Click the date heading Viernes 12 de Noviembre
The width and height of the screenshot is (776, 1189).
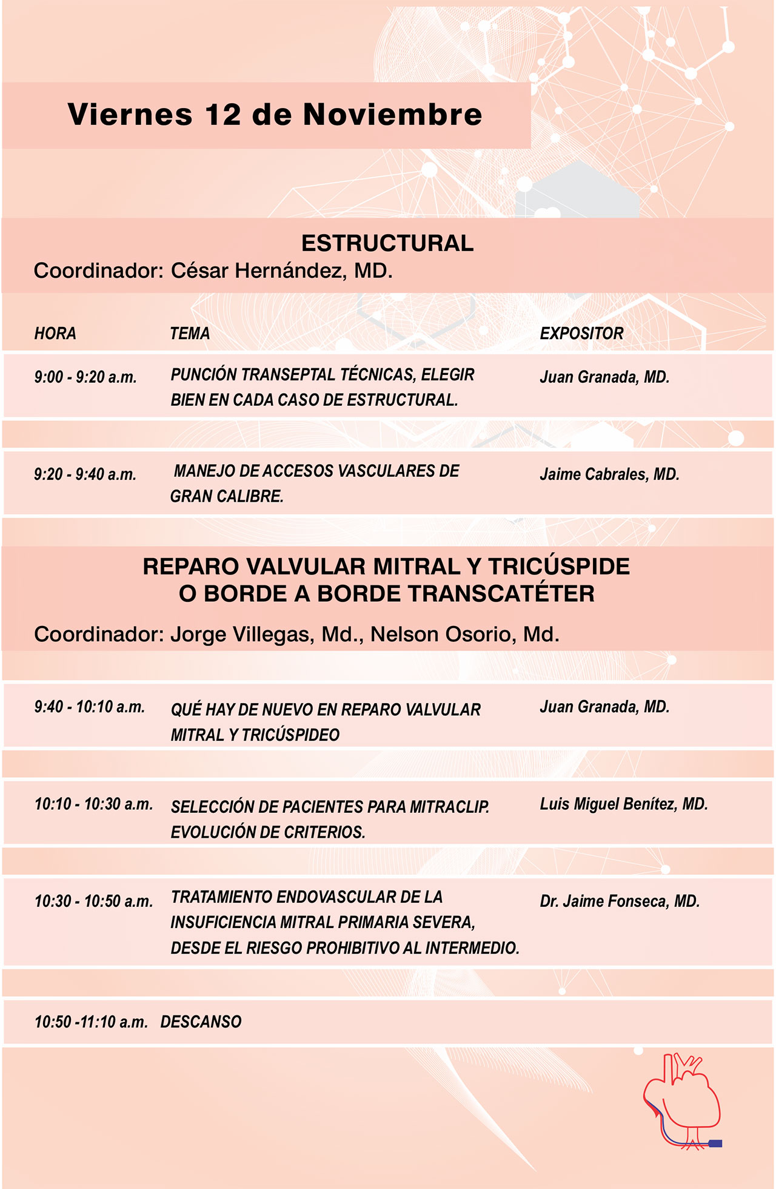[x=275, y=115]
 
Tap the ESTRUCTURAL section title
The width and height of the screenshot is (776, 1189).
[x=387, y=243]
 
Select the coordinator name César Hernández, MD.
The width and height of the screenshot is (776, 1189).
[x=281, y=271]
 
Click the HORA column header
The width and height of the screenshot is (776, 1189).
[x=55, y=333]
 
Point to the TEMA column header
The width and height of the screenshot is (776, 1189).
[x=190, y=333]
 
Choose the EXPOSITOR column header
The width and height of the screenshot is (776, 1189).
[x=581, y=333]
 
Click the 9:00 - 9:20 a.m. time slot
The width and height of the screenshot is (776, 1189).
[x=85, y=377]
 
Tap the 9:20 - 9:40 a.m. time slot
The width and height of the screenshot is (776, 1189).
[x=85, y=474]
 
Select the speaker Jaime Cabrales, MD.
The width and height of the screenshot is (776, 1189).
[x=609, y=474]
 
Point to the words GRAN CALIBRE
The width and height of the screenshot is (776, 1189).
[x=227, y=496]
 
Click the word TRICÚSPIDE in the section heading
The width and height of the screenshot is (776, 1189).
[x=559, y=566]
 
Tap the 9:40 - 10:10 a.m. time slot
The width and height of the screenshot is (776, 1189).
[x=89, y=707]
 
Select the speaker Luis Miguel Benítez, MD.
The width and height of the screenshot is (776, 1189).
[x=624, y=804]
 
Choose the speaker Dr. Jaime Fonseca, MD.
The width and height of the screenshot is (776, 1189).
[x=620, y=901]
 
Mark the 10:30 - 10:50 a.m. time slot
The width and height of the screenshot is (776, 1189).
[x=93, y=901]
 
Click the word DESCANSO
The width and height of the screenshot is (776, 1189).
[x=201, y=1022]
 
